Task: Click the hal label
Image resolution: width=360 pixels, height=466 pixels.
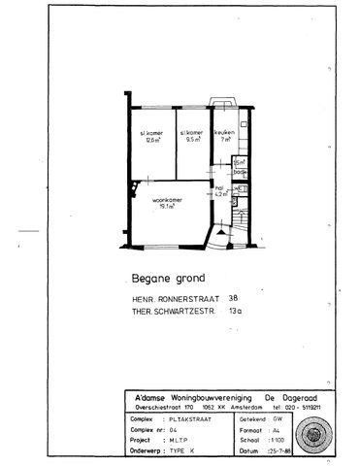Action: click(219, 187)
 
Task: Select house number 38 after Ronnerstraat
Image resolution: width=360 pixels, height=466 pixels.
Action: click(234, 298)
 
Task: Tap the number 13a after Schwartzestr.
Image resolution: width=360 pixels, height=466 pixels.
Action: click(235, 312)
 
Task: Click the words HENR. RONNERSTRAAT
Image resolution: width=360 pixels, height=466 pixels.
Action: click(171, 298)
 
